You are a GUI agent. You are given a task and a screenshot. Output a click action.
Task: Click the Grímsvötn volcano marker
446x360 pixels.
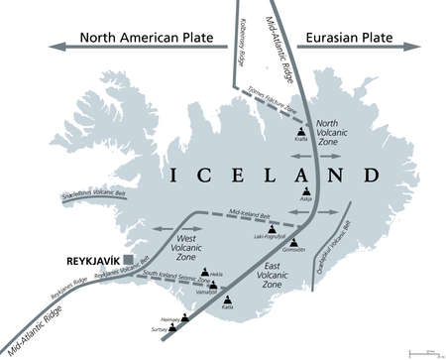(x=294, y=240)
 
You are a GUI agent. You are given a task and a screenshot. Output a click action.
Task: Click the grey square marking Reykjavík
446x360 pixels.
(x=148, y=260)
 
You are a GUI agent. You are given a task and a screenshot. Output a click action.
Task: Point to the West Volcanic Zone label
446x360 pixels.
(x=185, y=249)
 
